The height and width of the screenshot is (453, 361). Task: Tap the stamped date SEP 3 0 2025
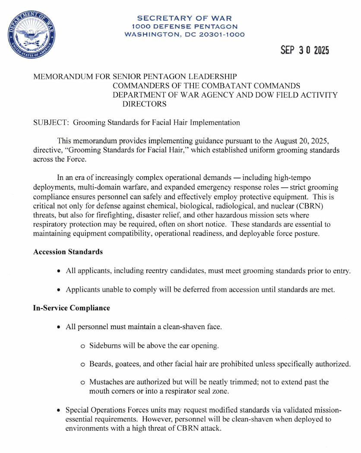click(x=304, y=50)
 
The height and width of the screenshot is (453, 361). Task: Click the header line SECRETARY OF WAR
click(x=184, y=18)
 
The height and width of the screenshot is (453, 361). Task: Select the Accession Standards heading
click(x=68, y=252)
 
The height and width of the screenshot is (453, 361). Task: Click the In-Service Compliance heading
click(x=71, y=308)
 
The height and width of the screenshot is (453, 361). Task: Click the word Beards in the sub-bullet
click(x=100, y=364)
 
